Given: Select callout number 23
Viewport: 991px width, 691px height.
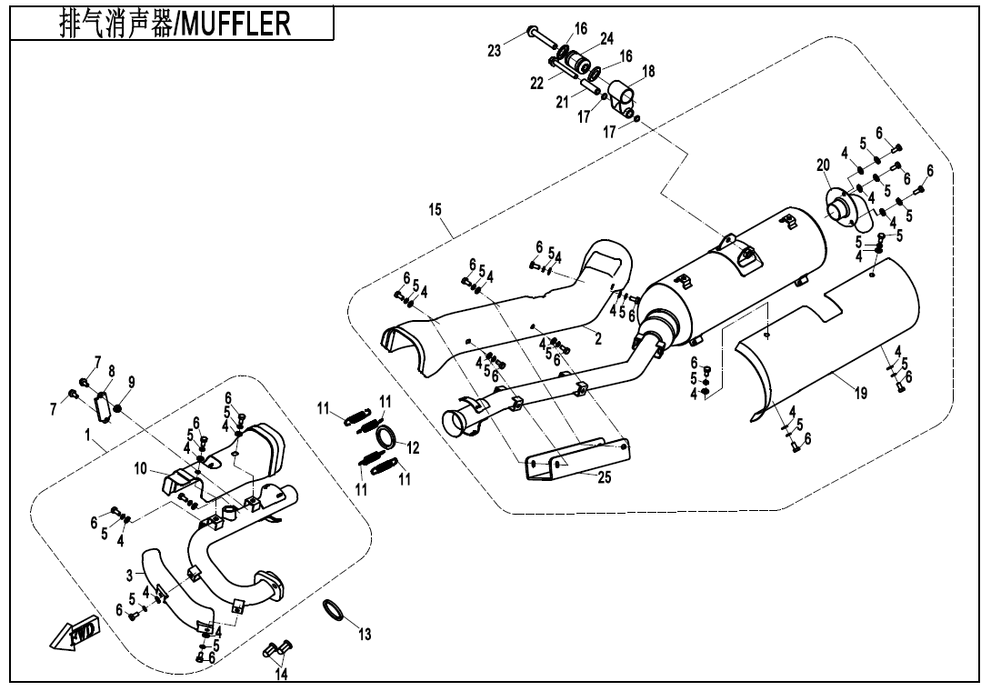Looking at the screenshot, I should [495, 52].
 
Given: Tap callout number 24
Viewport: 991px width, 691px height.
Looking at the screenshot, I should [606, 39].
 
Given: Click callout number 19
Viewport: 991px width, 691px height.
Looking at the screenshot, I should [859, 394].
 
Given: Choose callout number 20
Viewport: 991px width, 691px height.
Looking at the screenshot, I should [823, 165].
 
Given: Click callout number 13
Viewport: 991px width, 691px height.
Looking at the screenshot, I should [365, 635].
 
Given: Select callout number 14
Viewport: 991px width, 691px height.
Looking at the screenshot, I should [282, 675].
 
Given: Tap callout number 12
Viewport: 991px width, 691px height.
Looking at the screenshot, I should [413, 447].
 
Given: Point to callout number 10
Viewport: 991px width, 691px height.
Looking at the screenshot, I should [140, 468].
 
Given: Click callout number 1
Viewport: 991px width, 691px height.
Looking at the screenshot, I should [88, 436].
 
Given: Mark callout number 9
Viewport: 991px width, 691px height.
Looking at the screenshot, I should [131, 381].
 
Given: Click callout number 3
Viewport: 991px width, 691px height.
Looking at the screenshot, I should [129, 576].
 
